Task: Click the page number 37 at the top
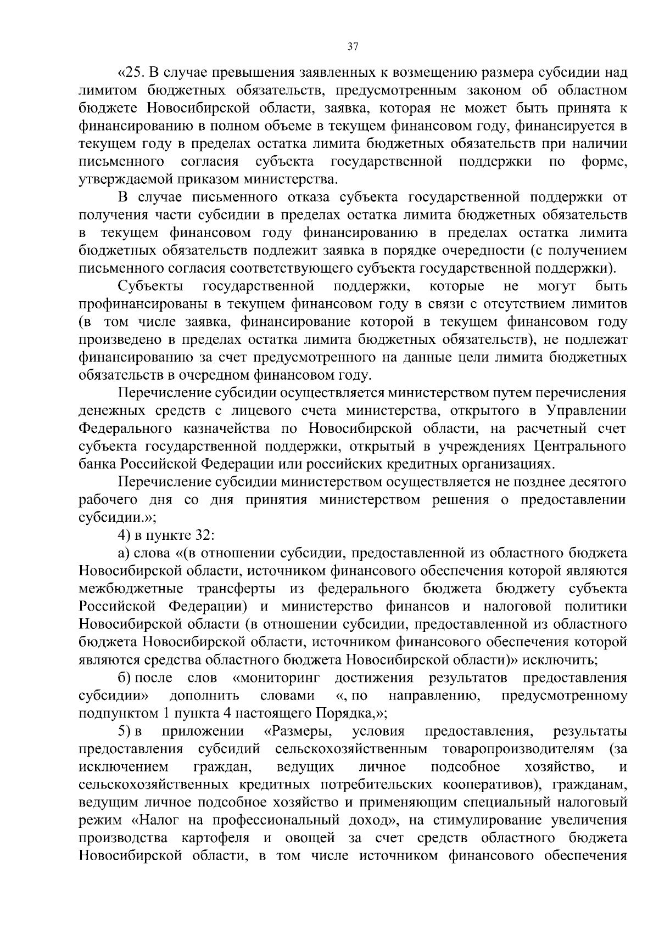[x=353, y=47]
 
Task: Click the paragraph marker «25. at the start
[x=131, y=72]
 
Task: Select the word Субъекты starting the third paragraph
[x=144, y=286]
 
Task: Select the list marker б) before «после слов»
[x=124, y=678]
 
